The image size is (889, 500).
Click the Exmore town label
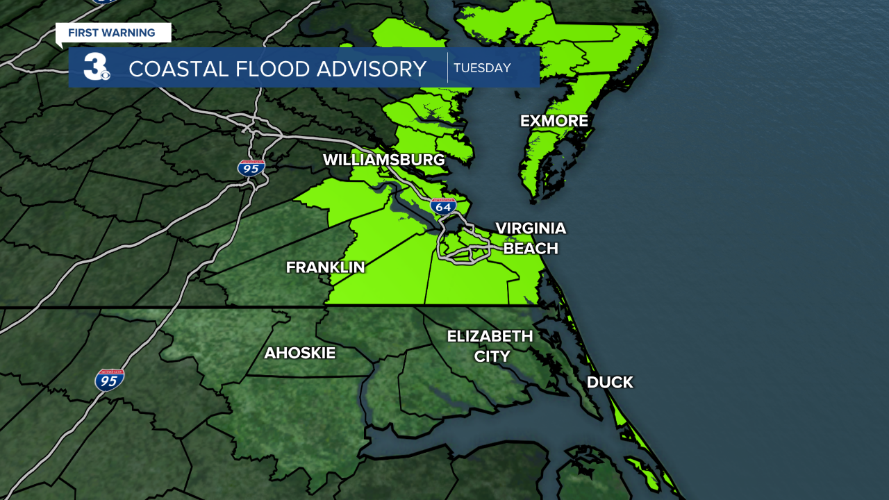pyautogui.click(x=554, y=121)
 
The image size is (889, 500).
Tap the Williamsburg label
pyautogui.click(x=383, y=160)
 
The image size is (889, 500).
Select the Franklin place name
pyautogui.click(x=325, y=267)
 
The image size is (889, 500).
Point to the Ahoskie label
pyautogui.click(x=299, y=353)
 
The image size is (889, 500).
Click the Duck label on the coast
pyautogui.click(x=610, y=382)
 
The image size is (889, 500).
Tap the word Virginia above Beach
pyautogui.click(x=530, y=228)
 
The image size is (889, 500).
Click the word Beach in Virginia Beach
pyautogui.click(x=530, y=248)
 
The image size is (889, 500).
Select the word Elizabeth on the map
pyautogui.click(x=490, y=336)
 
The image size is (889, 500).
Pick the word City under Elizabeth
pyautogui.click(x=492, y=356)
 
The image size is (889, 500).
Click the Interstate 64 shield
pyautogui.click(x=443, y=206)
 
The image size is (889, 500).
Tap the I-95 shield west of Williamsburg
pyautogui.click(x=251, y=167)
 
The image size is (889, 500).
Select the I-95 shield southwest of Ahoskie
pyautogui.click(x=110, y=380)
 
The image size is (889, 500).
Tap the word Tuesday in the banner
pyautogui.click(x=482, y=68)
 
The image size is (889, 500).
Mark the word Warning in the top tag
pyautogui.click(x=131, y=33)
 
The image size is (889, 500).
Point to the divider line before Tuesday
pyautogui.click(x=447, y=67)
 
